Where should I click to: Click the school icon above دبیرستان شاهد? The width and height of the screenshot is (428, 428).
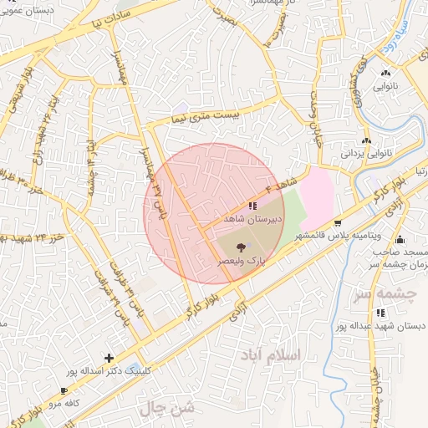point(252,205)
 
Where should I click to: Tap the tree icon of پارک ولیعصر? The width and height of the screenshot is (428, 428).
point(242,247)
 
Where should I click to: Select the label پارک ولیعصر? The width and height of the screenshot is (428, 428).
point(242,261)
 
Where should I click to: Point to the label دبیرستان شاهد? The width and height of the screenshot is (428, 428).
point(253,218)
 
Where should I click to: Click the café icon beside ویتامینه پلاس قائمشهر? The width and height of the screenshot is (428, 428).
point(338,223)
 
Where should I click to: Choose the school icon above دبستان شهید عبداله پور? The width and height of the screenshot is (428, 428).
point(381,313)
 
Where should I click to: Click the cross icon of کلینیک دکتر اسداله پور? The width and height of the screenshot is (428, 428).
point(110,358)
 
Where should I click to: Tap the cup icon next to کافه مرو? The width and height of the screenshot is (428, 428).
point(65,390)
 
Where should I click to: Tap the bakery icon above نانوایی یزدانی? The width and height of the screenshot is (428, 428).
point(366,140)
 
